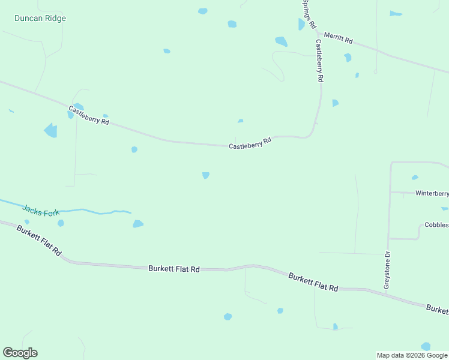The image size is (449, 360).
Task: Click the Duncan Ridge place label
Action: (40, 19)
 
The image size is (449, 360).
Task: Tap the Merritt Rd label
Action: (338, 38)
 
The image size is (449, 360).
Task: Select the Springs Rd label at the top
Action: (309, 14)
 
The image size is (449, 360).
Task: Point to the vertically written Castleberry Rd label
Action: (319, 61)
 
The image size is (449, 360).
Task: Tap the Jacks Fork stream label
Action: (41, 211)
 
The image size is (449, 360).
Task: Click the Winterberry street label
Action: (432, 193)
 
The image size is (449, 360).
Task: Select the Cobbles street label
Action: (436, 225)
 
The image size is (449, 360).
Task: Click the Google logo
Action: (20, 353)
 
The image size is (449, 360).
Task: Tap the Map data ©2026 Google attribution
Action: (412, 355)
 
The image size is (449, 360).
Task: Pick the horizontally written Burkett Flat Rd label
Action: (173, 269)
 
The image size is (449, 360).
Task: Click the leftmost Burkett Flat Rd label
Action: (39, 241)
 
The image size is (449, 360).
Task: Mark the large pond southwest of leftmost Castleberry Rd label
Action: (51, 130)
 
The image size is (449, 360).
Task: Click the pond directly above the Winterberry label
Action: (415, 178)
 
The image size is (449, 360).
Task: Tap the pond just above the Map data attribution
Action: (426, 346)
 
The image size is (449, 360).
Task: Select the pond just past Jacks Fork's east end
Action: (138, 224)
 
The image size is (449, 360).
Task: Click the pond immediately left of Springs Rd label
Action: (301, 24)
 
